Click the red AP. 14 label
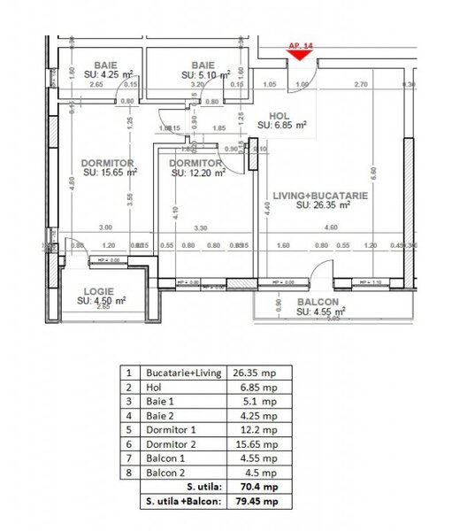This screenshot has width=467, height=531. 300,43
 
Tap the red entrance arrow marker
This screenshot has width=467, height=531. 300,55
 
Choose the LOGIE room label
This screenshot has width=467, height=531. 98,291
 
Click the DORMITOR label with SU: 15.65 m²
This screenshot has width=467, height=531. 107,164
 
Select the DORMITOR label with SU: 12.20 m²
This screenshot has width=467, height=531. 195,164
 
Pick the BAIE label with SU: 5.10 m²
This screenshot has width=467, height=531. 203,65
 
